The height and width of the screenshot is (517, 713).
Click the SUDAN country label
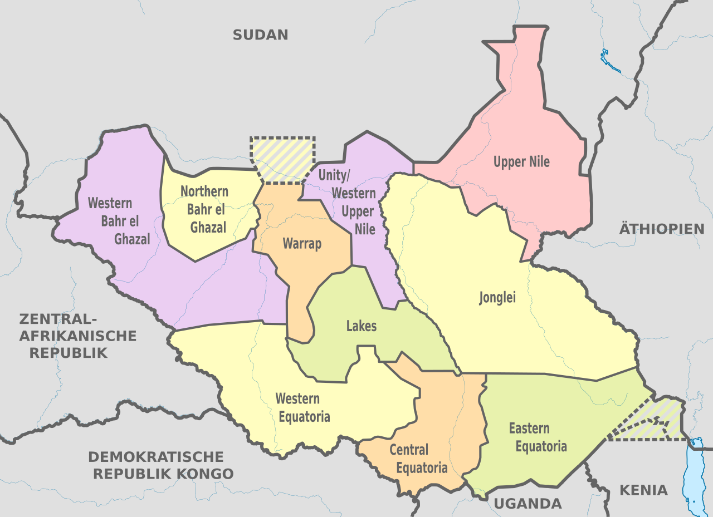(260, 35)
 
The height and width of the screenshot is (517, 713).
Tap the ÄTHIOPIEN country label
(662, 229)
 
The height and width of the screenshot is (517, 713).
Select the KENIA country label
(643, 490)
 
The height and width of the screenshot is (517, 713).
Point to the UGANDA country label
(528, 504)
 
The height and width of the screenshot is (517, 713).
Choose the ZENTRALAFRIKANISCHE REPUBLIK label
(77, 336)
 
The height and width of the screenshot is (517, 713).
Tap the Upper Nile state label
(521, 162)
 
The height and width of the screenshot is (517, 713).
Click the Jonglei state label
(497, 298)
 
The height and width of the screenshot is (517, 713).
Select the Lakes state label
(361, 326)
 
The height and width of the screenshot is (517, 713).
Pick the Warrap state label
(302, 243)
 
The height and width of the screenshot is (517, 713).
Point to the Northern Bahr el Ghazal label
(205, 209)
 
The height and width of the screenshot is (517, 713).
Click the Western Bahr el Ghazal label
(118, 221)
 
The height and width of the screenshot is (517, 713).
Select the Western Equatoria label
(302, 407)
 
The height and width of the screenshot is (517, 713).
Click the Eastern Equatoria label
(538, 437)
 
